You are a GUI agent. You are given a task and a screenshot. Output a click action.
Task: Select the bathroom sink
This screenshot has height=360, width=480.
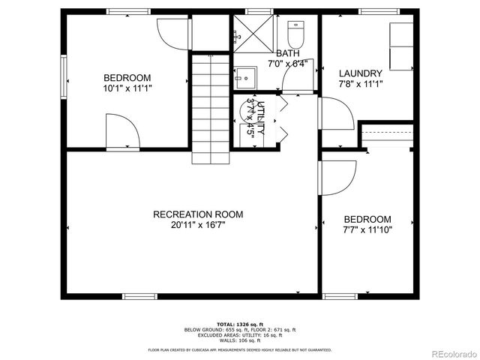coord(243,77)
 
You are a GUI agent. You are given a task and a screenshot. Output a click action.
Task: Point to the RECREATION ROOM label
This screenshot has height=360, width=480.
coord(197,214)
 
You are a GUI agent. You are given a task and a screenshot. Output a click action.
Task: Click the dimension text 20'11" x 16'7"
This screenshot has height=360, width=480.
coord(197,223)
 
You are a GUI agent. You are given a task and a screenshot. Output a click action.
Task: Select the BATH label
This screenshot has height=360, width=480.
coord(287,53)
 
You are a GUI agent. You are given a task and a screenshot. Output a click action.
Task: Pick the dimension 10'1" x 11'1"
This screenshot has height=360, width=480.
coord(127,87)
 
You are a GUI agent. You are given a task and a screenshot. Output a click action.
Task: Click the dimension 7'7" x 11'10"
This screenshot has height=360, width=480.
coord(367,229)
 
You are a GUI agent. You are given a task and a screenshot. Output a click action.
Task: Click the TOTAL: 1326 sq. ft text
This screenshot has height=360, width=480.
coord(240,324)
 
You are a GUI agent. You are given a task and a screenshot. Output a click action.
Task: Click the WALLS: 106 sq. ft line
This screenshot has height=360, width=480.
coord(240,340)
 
